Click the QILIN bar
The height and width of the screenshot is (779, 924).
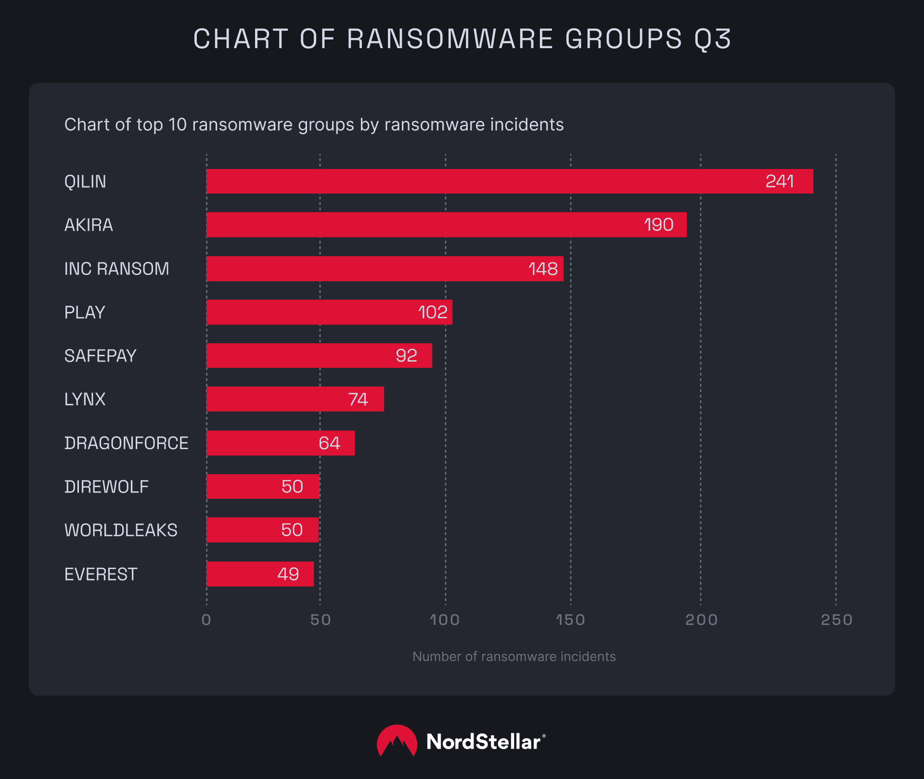click(x=481, y=182)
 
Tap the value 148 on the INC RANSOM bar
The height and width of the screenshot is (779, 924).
click(x=543, y=269)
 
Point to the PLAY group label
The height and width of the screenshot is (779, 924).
click(x=85, y=312)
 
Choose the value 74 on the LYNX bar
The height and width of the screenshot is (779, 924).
click(x=358, y=399)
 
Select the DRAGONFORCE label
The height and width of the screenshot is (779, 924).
click(x=126, y=443)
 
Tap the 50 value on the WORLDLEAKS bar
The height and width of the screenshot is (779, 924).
click(x=292, y=530)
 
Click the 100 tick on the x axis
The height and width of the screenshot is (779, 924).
click(x=445, y=620)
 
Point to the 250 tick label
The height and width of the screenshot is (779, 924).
click(x=836, y=620)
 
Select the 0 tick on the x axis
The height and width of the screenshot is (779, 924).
click(x=206, y=620)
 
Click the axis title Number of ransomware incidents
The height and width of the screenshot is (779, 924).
click(x=514, y=657)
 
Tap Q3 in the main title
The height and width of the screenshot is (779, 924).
click(x=712, y=39)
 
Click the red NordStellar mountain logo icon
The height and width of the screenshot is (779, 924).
click(x=397, y=741)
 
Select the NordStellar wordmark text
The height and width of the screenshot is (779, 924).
click(x=484, y=742)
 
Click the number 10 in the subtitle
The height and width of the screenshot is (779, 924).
click(x=177, y=125)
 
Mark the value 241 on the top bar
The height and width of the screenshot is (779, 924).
click(x=779, y=182)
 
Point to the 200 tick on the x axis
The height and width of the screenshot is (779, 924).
click(x=701, y=620)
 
